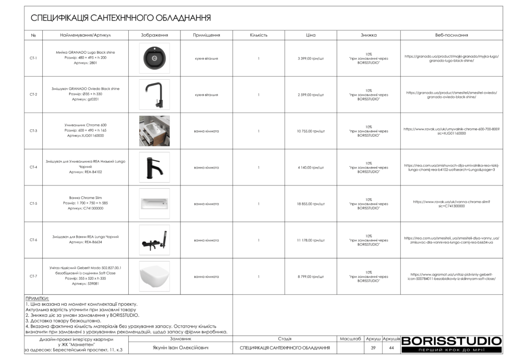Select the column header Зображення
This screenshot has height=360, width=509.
point(155,35)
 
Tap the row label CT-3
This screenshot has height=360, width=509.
point(33,131)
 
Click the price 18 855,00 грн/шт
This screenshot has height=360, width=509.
point(311,204)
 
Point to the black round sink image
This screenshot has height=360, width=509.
point(154,58)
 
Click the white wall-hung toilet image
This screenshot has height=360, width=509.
point(154,276)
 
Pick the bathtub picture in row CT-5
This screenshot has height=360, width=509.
point(154,204)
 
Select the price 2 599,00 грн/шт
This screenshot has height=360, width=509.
point(311,94)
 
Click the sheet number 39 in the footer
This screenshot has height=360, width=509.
point(373,348)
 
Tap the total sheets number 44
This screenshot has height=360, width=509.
point(392,348)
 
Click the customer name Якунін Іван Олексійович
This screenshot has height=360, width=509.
point(180,348)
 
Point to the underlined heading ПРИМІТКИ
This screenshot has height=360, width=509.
point(37,298)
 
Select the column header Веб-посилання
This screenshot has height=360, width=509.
point(451,35)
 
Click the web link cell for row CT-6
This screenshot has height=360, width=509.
point(451,240)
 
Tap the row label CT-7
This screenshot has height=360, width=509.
point(33,276)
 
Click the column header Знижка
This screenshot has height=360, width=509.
point(368,35)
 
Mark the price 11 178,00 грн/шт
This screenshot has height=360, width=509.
point(311,240)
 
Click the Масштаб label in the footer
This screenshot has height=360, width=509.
point(350,339)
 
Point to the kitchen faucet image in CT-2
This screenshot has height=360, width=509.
point(154,94)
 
